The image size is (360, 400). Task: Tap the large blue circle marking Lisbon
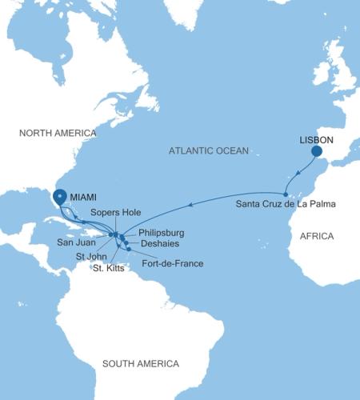click(317, 150)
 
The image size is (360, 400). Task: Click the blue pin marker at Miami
click(59, 196)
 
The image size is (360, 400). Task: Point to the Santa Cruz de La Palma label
click(286, 205)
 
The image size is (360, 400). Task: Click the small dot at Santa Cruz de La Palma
click(286, 194)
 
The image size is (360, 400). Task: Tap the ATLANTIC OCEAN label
click(210, 150)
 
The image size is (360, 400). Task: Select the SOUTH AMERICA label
click(141, 364)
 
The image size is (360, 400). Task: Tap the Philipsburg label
click(162, 233)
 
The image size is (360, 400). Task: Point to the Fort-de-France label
click(172, 263)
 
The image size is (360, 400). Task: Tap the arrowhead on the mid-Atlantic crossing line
click(189, 206)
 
